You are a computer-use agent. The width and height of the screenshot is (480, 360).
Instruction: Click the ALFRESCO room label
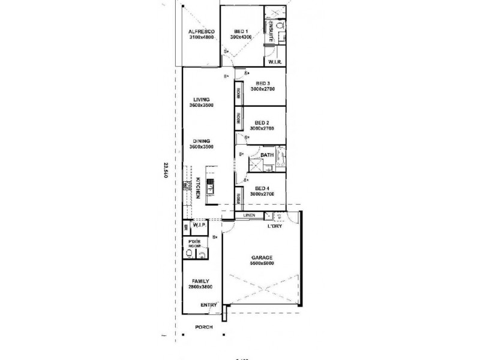(198, 31)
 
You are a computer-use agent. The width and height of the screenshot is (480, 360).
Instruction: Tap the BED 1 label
(241, 31)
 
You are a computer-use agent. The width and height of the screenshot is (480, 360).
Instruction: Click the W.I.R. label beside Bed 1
(275, 62)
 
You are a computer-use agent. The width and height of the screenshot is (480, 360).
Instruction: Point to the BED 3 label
(263, 83)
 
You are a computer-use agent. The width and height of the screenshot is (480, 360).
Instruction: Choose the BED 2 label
(262, 122)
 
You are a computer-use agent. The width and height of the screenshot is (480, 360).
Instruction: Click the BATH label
(267, 154)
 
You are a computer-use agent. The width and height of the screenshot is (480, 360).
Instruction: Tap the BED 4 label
(262, 188)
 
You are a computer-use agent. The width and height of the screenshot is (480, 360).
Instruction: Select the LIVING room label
(202, 100)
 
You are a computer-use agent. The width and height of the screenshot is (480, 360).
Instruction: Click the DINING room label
(202, 140)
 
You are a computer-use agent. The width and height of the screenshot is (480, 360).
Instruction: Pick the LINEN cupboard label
(250, 215)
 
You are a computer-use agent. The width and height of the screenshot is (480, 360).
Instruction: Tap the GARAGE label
(262, 257)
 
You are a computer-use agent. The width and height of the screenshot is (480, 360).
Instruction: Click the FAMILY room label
(200, 281)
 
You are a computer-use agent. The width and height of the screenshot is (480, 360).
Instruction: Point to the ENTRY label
(208, 305)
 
